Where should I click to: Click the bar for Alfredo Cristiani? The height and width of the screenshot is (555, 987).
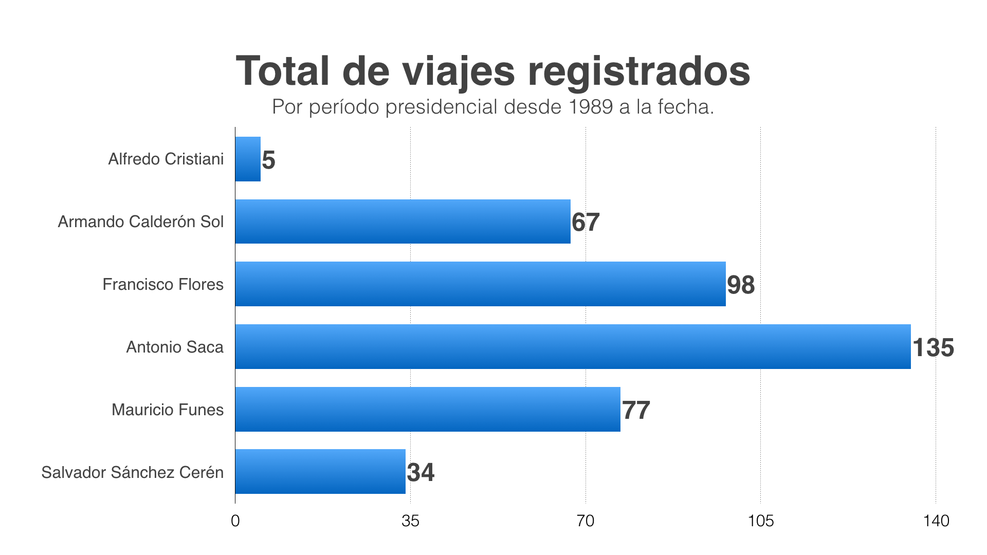click(x=248, y=159)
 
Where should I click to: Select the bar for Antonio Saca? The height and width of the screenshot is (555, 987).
click(x=573, y=346)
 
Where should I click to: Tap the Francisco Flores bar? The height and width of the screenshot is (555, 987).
click(x=480, y=284)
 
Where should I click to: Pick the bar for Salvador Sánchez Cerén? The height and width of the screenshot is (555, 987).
click(x=320, y=471)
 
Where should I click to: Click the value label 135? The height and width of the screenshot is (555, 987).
click(x=933, y=347)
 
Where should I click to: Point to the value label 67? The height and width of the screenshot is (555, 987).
click(x=586, y=222)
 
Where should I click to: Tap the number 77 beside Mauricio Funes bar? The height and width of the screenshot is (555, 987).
click(x=636, y=410)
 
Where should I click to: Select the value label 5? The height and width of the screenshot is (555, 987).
click(x=268, y=160)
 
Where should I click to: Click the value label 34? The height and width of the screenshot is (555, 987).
click(x=421, y=472)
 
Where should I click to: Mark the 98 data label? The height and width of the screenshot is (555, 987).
click(x=741, y=285)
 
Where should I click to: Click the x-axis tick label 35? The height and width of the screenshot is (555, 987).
click(x=410, y=521)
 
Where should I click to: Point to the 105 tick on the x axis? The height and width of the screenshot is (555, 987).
click(x=760, y=521)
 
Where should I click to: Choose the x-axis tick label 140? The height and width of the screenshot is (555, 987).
click(x=936, y=521)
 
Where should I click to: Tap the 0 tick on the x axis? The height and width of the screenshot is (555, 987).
click(x=235, y=521)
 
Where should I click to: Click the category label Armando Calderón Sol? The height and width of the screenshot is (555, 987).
click(x=140, y=221)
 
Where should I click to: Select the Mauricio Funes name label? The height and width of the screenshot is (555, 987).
click(x=168, y=410)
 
